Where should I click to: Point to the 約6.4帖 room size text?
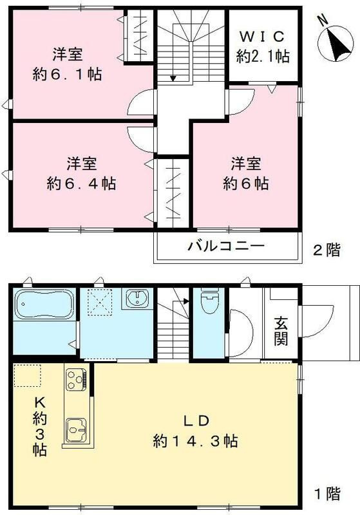(81, 183)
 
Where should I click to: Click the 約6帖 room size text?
(246, 183)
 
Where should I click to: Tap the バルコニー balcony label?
(226, 247)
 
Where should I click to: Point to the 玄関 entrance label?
(281, 330)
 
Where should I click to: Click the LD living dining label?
(196, 422)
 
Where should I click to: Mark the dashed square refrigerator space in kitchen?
(27, 375)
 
